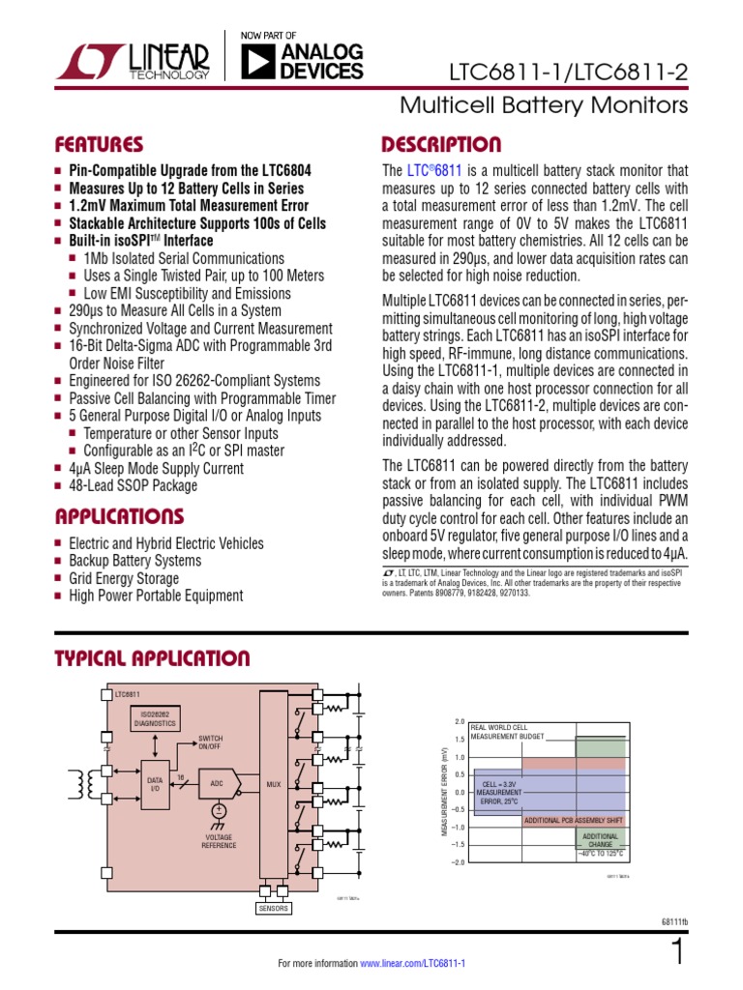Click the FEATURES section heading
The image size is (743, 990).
point(99,145)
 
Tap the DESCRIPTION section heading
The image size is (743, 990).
point(441,145)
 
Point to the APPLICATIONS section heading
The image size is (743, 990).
point(118,514)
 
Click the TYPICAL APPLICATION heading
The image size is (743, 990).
point(152,659)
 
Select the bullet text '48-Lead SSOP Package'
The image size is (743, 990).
point(133,485)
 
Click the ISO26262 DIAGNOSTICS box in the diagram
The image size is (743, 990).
point(155,718)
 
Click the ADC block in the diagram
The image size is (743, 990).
point(217,783)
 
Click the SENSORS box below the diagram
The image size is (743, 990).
point(274,909)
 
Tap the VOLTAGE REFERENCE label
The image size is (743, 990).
point(219,841)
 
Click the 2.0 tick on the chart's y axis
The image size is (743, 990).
point(460,722)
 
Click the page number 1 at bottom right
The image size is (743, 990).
point(677,953)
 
